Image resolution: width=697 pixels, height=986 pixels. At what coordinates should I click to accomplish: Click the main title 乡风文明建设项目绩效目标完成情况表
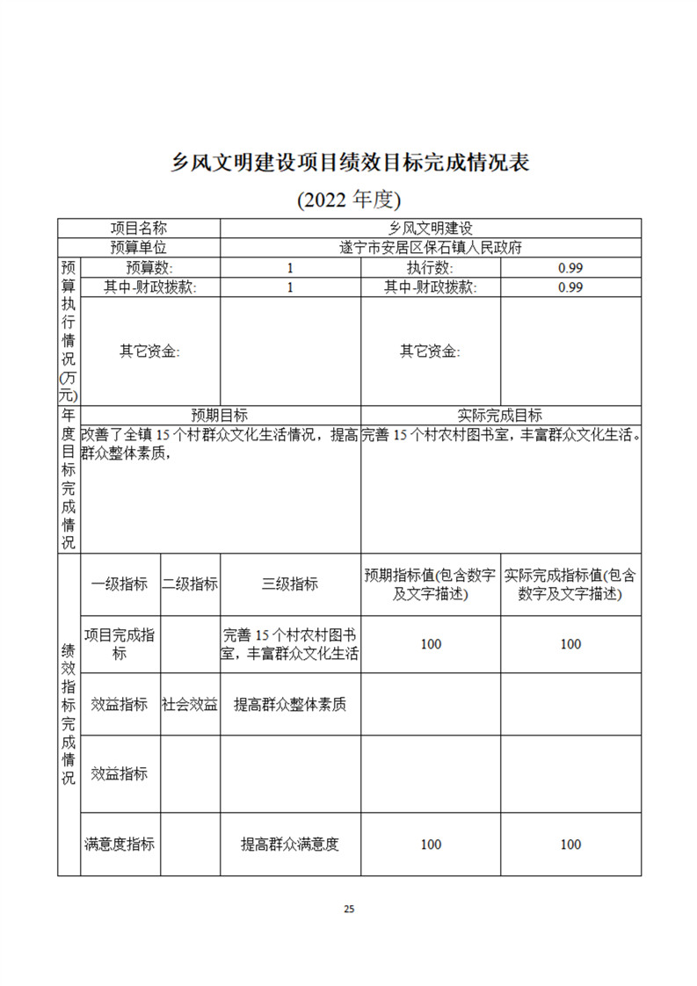click(349, 163)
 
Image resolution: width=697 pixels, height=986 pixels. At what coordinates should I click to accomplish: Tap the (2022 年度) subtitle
click(349, 199)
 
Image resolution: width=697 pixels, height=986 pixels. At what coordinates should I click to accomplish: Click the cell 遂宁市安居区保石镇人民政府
click(430, 248)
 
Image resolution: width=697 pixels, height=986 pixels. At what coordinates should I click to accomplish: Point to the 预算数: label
click(149, 267)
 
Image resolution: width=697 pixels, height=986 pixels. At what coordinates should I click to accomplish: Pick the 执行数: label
click(430, 267)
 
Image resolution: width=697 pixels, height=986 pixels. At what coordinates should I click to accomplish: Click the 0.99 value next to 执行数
click(570, 267)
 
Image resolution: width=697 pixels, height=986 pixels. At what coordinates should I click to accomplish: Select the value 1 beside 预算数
click(290, 267)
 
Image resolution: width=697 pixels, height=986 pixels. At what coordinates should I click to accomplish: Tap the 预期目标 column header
click(220, 415)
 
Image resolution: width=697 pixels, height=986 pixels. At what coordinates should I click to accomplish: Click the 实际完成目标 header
click(500, 415)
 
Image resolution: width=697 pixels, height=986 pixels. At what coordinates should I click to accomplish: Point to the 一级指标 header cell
click(120, 584)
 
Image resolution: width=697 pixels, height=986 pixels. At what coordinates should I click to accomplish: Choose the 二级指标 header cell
click(190, 584)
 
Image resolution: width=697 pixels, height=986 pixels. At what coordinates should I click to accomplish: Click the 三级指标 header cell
click(290, 584)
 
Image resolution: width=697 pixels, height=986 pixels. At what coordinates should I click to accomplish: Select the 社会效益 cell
click(190, 704)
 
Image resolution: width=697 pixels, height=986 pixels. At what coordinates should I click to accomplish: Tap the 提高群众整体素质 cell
click(290, 704)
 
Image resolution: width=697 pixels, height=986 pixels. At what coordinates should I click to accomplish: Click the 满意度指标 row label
click(120, 844)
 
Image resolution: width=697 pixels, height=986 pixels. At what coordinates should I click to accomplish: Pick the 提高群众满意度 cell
click(290, 844)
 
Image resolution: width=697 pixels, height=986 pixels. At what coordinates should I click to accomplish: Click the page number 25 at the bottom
click(349, 909)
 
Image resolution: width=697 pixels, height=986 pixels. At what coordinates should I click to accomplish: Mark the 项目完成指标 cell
click(120, 644)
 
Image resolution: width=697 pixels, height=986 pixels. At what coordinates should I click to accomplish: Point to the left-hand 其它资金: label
click(149, 351)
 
